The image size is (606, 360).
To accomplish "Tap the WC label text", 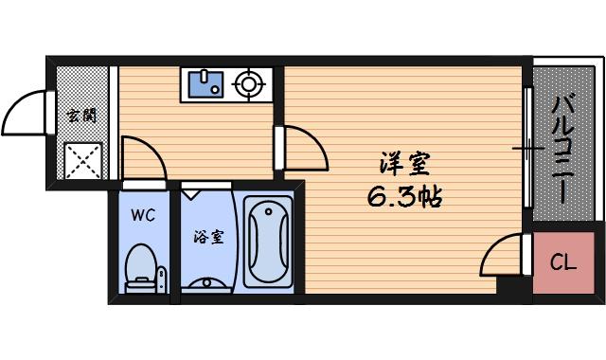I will tap(142, 214).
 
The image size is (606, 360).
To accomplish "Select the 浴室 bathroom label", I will tap(208, 237).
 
